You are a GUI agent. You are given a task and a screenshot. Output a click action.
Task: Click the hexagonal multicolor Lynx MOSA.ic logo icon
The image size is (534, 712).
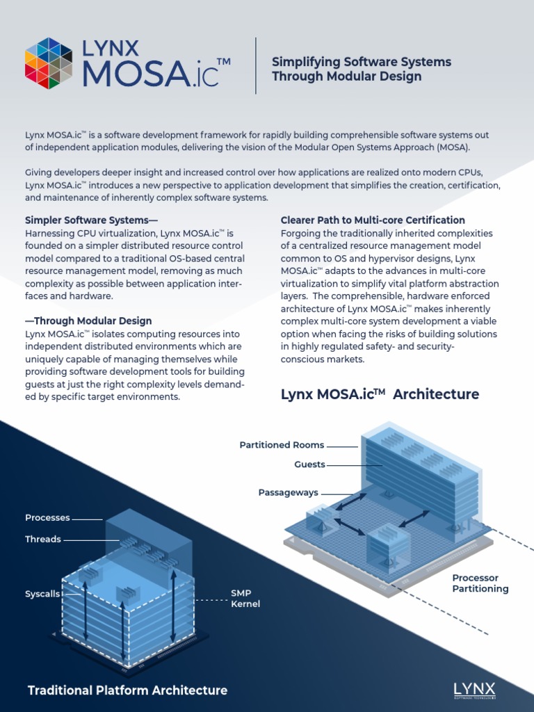pyautogui.click(x=49, y=63)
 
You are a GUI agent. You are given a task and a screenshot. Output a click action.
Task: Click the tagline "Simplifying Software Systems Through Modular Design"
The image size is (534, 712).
pyautogui.click(x=361, y=69)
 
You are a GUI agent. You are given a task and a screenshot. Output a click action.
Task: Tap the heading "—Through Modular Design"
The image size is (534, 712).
pyautogui.click(x=88, y=321)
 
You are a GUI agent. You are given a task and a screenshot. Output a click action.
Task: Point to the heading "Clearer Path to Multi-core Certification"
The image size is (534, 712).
pyautogui.click(x=373, y=220)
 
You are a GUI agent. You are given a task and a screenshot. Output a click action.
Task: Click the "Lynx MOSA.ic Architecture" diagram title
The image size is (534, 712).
pyautogui.click(x=380, y=394)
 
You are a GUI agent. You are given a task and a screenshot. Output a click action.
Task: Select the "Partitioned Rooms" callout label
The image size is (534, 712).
pyautogui.click(x=282, y=445)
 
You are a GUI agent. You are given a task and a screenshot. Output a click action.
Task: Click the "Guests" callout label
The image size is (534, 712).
pyautogui.click(x=309, y=464)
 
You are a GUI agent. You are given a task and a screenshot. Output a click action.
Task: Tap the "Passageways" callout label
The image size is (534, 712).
pyautogui.click(x=288, y=492)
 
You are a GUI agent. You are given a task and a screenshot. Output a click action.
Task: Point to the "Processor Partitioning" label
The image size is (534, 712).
pyautogui.click(x=480, y=583)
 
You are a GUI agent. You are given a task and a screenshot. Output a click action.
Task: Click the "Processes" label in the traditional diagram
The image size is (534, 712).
pyautogui.click(x=47, y=517)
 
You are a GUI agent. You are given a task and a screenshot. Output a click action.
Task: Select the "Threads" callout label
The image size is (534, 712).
pyautogui.click(x=43, y=539)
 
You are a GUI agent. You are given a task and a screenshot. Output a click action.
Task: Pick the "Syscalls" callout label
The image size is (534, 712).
pyautogui.click(x=42, y=594)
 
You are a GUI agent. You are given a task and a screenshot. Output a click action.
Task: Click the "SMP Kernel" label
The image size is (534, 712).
pyautogui.click(x=245, y=599)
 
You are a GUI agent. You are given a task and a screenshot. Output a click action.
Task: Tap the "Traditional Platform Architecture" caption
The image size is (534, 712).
pyautogui.click(x=127, y=690)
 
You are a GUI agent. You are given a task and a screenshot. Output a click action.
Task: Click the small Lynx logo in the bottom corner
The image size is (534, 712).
pyautogui.click(x=474, y=689)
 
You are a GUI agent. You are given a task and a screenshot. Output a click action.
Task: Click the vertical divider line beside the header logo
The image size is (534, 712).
pyautogui.click(x=256, y=66)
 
